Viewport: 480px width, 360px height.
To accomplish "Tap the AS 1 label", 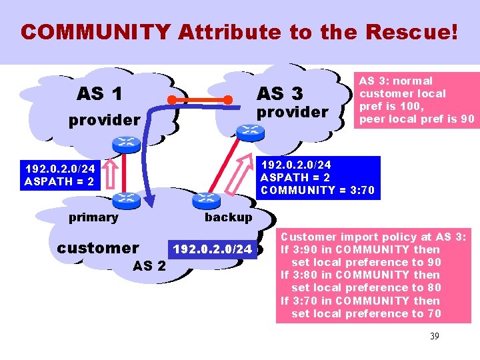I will [x=99, y=94].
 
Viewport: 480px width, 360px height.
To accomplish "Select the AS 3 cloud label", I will [x=279, y=93].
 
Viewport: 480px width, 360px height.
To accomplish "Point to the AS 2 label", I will [x=150, y=266].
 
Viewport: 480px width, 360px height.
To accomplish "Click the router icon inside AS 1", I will [x=124, y=143].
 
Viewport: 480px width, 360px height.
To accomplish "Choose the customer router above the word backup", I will [x=205, y=199].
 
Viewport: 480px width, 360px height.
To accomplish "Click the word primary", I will [x=93, y=217].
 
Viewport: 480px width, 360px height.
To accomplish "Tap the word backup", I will [x=228, y=217].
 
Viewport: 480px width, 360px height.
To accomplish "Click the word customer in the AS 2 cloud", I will [x=98, y=248].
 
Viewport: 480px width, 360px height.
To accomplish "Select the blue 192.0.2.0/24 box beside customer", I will [x=213, y=249].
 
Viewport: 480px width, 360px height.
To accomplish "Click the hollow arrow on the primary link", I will [x=111, y=173].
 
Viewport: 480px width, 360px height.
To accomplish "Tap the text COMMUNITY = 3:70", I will [x=317, y=191].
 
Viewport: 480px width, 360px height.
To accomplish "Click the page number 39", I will [x=434, y=336].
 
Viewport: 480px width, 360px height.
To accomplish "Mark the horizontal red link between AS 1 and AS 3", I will [x=203, y=101].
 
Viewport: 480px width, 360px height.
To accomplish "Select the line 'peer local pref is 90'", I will [x=417, y=119].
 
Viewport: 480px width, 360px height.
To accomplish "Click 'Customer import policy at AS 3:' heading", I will [x=374, y=237].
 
